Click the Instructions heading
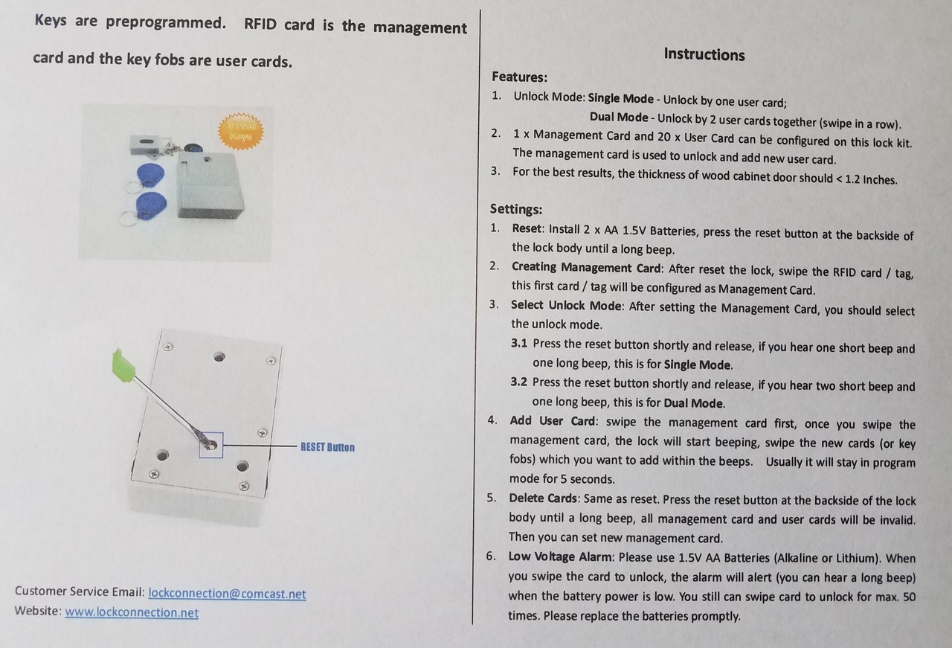tap(704, 54)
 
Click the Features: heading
tap(519, 77)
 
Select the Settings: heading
tap(516, 209)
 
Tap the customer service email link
tap(227, 594)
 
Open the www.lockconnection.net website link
tap(132, 612)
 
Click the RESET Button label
tap(327, 447)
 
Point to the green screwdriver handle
tap(123, 365)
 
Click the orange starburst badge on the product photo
tap(240, 132)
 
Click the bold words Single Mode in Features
tap(620, 99)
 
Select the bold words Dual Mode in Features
tap(619, 118)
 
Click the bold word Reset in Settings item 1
tap(527, 228)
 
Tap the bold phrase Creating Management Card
tap(586, 267)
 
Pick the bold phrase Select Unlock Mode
tap(566, 305)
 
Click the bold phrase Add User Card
tap(553, 421)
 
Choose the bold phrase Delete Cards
tap(543, 498)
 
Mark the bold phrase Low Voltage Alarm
tap(561, 556)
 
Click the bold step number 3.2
tap(518, 382)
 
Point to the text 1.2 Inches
tap(871, 179)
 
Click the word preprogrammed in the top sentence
tap(166, 22)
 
